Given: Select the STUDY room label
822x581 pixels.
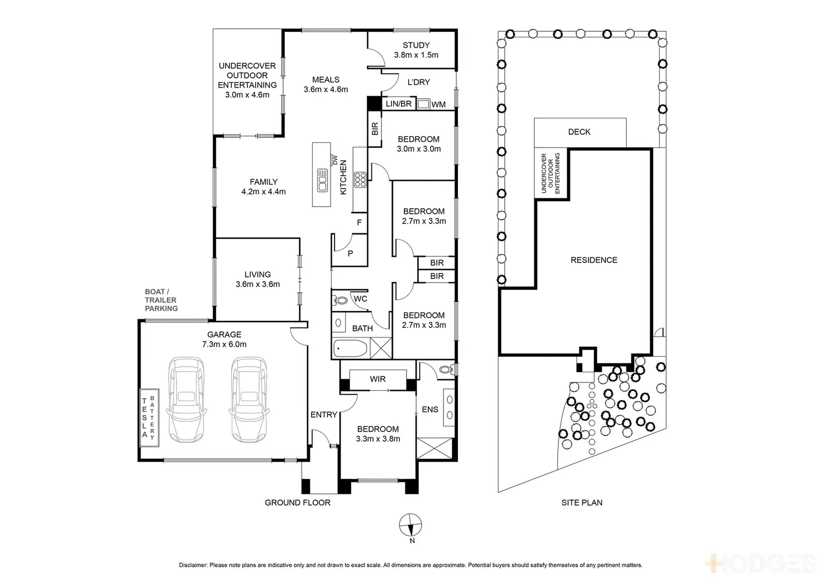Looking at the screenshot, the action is click(x=416, y=45).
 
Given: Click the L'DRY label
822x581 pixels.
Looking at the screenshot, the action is click(x=418, y=82).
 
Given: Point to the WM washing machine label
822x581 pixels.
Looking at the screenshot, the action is click(x=438, y=104).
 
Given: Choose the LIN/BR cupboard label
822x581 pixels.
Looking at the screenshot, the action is click(x=399, y=104).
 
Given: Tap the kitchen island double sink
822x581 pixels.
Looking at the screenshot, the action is click(x=323, y=180).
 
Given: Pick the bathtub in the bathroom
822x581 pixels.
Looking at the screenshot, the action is click(x=351, y=349).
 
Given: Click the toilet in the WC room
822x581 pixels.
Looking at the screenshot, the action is click(x=340, y=300).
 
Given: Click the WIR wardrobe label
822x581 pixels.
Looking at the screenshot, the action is click(x=377, y=379).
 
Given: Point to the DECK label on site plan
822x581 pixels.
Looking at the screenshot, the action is click(x=579, y=132).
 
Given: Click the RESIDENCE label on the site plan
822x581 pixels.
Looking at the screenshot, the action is click(x=594, y=260).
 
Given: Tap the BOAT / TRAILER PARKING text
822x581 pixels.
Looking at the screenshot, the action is click(x=161, y=300).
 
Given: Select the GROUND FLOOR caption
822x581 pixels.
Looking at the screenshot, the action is click(x=298, y=503).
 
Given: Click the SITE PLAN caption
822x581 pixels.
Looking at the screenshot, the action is click(x=582, y=503).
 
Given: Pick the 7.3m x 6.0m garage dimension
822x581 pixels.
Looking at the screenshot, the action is click(x=224, y=344).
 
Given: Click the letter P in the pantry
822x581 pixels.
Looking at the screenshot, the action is click(x=351, y=253).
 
